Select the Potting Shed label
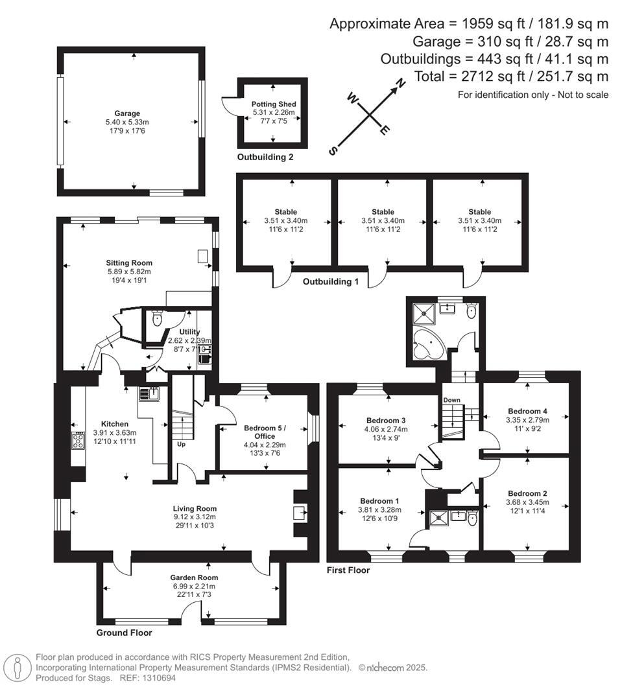pyautogui.click(x=274, y=104)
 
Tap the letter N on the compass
pyautogui.click(x=401, y=82)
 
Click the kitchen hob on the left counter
pyautogui.click(x=78, y=441)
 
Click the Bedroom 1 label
pyautogui.click(x=379, y=501)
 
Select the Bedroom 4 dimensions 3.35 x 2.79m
pyautogui.click(x=527, y=420)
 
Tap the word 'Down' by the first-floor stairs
pyautogui.click(x=451, y=400)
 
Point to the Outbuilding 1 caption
pyautogui.click(x=331, y=281)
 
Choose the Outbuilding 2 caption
pyautogui.click(x=265, y=157)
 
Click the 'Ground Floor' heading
pyautogui.click(x=124, y=633)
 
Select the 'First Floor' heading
pyautogui.click(x=348, y=570)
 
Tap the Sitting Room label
pyautogui.click(x=129, y=262)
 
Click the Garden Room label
pyautogui.click(x=194, y=577)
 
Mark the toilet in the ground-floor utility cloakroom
pyautogui.click(x=156, y=318)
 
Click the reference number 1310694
pyautogui.click(x=159, y=678)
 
